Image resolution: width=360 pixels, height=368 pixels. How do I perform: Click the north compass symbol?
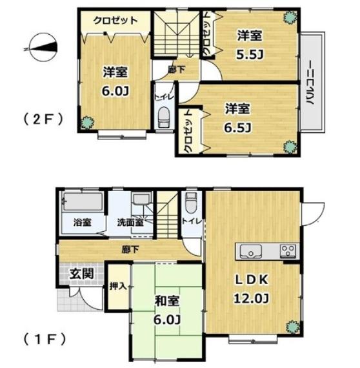(41, 48)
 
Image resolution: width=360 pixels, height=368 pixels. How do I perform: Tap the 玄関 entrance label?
(82, 274)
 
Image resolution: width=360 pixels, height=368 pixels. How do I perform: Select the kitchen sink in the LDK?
(251, 251)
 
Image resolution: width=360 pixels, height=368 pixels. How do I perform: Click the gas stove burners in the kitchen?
(288, 250)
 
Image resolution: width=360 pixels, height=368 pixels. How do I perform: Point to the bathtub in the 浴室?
(83, 201)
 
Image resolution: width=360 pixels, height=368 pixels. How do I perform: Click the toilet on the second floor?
(164, 118)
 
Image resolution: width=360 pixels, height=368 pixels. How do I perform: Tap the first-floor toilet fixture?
(191, 203)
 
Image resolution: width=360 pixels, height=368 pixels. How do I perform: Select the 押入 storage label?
(118, 286)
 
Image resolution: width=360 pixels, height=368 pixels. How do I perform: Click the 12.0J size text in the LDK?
(251, 299)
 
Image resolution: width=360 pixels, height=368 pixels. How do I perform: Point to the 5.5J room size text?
(250, 54)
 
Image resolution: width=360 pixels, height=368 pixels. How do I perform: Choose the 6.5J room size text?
(238, 128)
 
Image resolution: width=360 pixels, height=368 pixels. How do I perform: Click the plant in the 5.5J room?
(290, 17)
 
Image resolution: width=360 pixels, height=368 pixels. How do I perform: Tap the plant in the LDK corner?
(293, 327)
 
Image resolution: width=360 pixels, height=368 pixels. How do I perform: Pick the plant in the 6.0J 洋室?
(88, 122)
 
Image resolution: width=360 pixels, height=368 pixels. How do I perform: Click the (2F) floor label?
(43, 119)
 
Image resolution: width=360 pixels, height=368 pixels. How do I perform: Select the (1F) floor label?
(44, 340)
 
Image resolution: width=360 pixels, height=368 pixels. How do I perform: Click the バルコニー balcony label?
(311, 83)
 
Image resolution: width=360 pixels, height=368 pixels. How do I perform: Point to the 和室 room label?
(167, 301)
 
